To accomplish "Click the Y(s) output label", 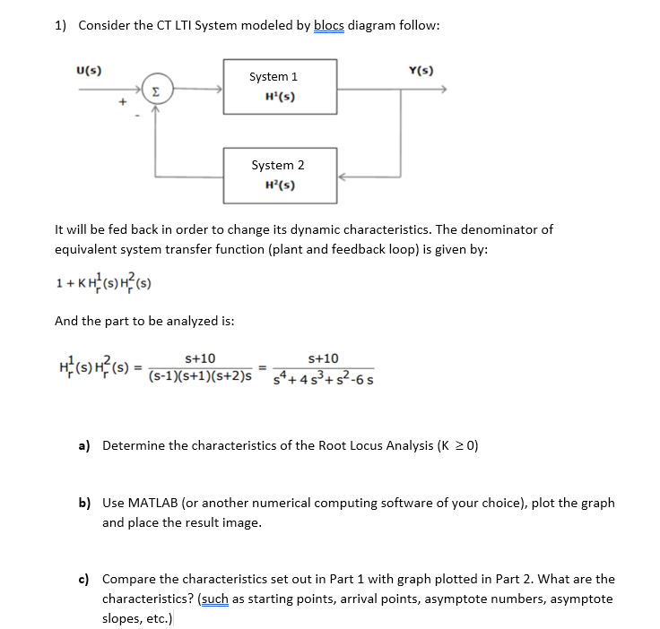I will (x=420, y=71).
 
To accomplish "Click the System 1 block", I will (x=281, y=87).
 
